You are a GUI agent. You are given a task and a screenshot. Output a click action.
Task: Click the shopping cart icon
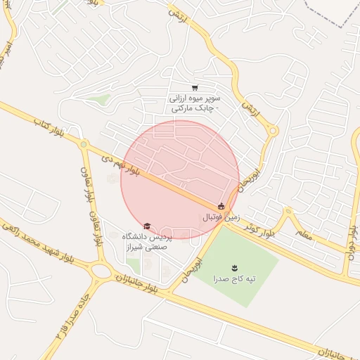[x=194, y=88]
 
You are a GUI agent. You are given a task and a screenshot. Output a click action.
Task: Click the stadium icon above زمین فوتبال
[x=221, y=206]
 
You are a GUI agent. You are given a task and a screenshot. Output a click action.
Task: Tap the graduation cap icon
[x=147, y=226]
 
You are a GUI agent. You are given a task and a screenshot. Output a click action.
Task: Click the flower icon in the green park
[x=234, y=268]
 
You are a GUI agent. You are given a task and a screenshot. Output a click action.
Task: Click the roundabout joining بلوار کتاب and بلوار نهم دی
[x=84, y=146]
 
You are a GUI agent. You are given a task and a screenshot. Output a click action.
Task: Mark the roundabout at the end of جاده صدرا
[x=101, y=270]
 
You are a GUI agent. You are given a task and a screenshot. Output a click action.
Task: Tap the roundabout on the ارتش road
[x=273, y=130]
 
